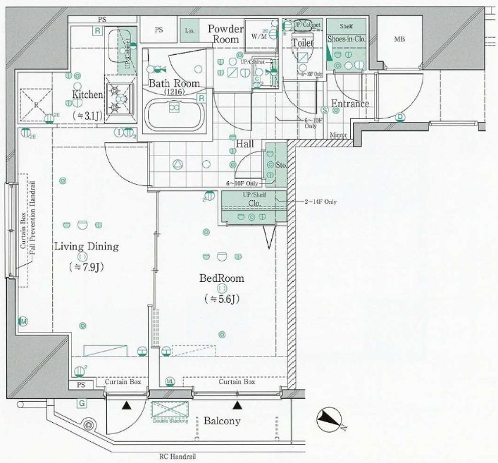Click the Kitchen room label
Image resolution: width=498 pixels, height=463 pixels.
point(87,94)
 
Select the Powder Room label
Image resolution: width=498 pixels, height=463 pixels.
point(225,34)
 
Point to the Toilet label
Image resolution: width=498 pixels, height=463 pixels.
point(303,42)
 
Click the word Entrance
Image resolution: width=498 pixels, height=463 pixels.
point(350,104)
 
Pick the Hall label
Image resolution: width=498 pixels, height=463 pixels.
point(244,144)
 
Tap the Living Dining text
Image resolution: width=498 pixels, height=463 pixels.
point(86,247)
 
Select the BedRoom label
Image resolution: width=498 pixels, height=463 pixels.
point(222,278)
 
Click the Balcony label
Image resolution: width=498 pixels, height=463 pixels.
point(222,421)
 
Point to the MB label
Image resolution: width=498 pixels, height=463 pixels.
point(399,39)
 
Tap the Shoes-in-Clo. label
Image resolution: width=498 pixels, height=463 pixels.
point(345,40)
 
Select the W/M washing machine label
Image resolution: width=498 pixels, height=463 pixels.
point(259,37)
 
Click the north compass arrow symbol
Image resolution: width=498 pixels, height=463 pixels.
point(328,420)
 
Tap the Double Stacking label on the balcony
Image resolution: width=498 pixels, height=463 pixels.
point(168,421)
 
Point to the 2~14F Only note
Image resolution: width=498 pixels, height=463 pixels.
point(320,202)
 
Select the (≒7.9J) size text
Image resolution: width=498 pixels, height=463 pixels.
point(86,267)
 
